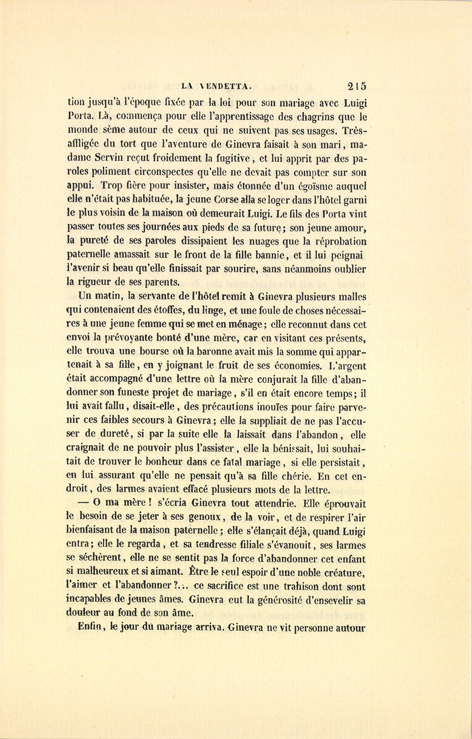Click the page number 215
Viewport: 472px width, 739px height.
(x=356, y=87)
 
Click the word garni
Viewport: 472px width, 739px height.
(x=355, y=200)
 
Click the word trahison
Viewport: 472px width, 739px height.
(x=293, y=587)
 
